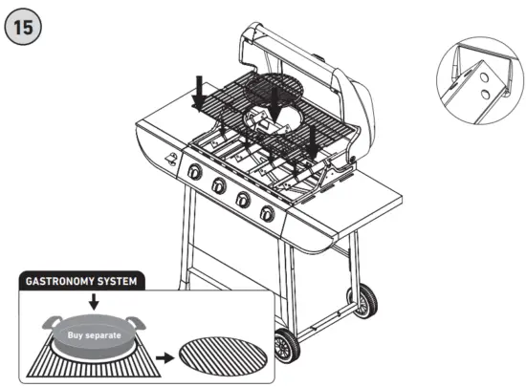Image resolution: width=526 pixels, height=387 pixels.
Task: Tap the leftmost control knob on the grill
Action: pyautogui.click(x=194, y=173)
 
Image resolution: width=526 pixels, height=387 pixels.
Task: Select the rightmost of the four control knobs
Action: pyautogui.click(x=268, y=212)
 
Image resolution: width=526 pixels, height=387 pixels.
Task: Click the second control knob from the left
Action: pyautogui.click(x=218, y=185)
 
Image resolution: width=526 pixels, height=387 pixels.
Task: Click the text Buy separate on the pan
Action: pyautogui.click(x=94, y=335)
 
